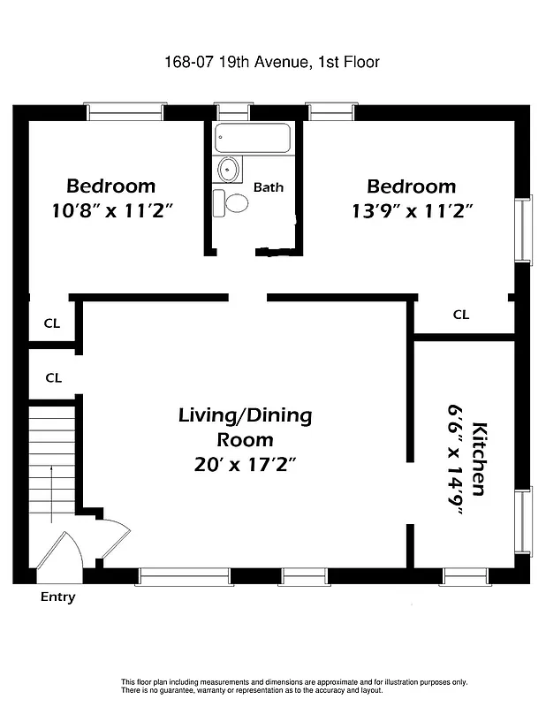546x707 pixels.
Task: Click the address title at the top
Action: [x=272, y=62]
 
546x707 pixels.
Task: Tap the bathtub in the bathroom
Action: [x=253, y=138]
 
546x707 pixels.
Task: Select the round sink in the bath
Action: [x=229, y=168]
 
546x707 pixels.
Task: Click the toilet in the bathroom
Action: [x=232, y=202]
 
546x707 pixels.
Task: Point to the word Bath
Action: [x=269, y=187]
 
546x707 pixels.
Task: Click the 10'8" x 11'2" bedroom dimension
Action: [x=111, y=211]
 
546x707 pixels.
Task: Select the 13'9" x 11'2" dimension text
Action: [x=411, y=211]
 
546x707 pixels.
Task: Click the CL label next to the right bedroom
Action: [x=460, y=315]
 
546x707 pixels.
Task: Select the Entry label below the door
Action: [x=58, y=597]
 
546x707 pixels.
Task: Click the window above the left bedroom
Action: [x=125, y=112]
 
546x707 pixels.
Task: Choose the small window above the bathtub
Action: [x=232, y=112]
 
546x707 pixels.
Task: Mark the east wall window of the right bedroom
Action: [x=525, y=229]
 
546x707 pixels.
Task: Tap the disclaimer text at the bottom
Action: [x=293, y=686]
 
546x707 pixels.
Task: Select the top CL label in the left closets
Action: [x=52, y=323]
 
